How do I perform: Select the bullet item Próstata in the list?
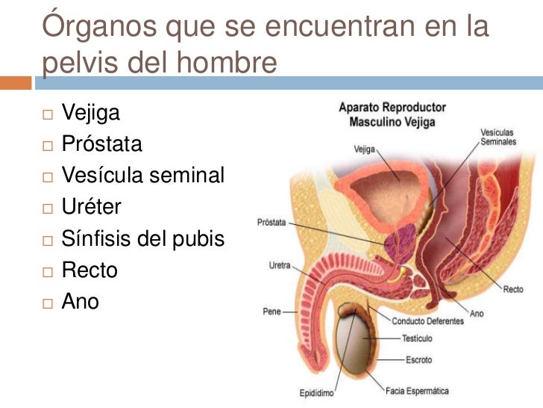tap(101, 144)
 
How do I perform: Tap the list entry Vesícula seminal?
tap(142, 176)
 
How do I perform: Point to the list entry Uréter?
tap(91, 207)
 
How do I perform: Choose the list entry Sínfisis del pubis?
tap(142, 238)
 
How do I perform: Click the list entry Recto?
tap(90, 270)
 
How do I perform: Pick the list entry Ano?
tap(80, 301)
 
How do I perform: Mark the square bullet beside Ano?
tap(48, 303)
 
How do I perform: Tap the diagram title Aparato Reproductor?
tap(392, 107)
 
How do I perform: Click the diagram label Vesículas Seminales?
tap(497, 137)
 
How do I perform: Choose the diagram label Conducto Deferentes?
tap(427, 321)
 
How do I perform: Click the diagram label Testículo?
tap(417, 339)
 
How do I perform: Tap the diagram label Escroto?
tap(419, 359)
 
